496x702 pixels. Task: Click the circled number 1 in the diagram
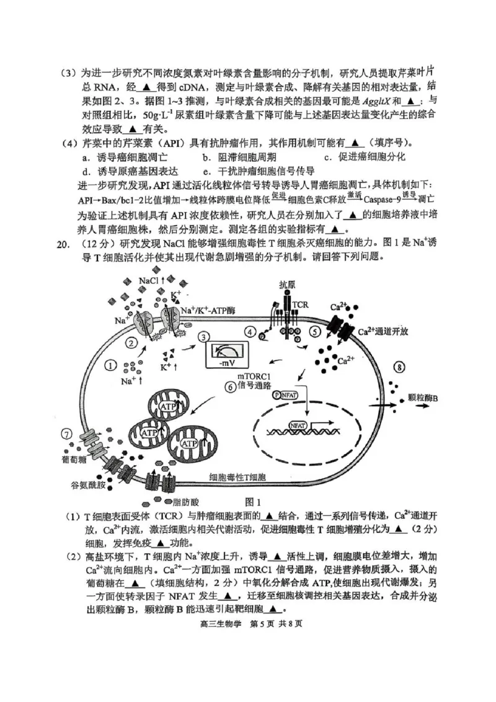[111, 365]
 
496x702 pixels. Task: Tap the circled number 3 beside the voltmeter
[203, 337]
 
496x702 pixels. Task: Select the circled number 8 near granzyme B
[400, 368]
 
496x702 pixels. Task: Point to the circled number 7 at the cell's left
[66, 433]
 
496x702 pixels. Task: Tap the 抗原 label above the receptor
[286, 285]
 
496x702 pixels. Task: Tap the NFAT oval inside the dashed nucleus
[298, 425]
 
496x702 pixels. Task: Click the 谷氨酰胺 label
[87, 487]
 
